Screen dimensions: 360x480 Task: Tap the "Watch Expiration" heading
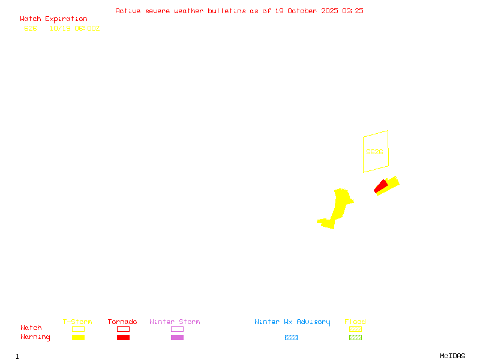coord(53,19)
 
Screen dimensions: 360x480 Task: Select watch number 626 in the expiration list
coord(30,28)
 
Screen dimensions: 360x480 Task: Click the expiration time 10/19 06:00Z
coord(74,28)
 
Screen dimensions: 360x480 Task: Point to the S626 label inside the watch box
coord(374,152)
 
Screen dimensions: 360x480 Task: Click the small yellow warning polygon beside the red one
coord(391,182)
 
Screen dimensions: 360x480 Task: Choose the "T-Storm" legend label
coord(77,322)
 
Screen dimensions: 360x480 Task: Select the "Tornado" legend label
coord(122,322)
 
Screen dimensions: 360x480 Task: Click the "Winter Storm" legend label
coord(175,322)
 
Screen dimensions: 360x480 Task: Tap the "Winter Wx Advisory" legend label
coord(292,322)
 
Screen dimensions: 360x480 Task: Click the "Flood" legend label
coord(355,322)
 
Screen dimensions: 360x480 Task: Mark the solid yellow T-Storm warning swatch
coord(78,337)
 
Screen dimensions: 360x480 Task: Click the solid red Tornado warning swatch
coord(123,337)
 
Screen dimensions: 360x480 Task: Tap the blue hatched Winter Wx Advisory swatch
coord(291,337)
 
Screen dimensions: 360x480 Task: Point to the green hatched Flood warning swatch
coord(355,337)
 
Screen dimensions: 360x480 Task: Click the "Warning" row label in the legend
coord(35,337)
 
